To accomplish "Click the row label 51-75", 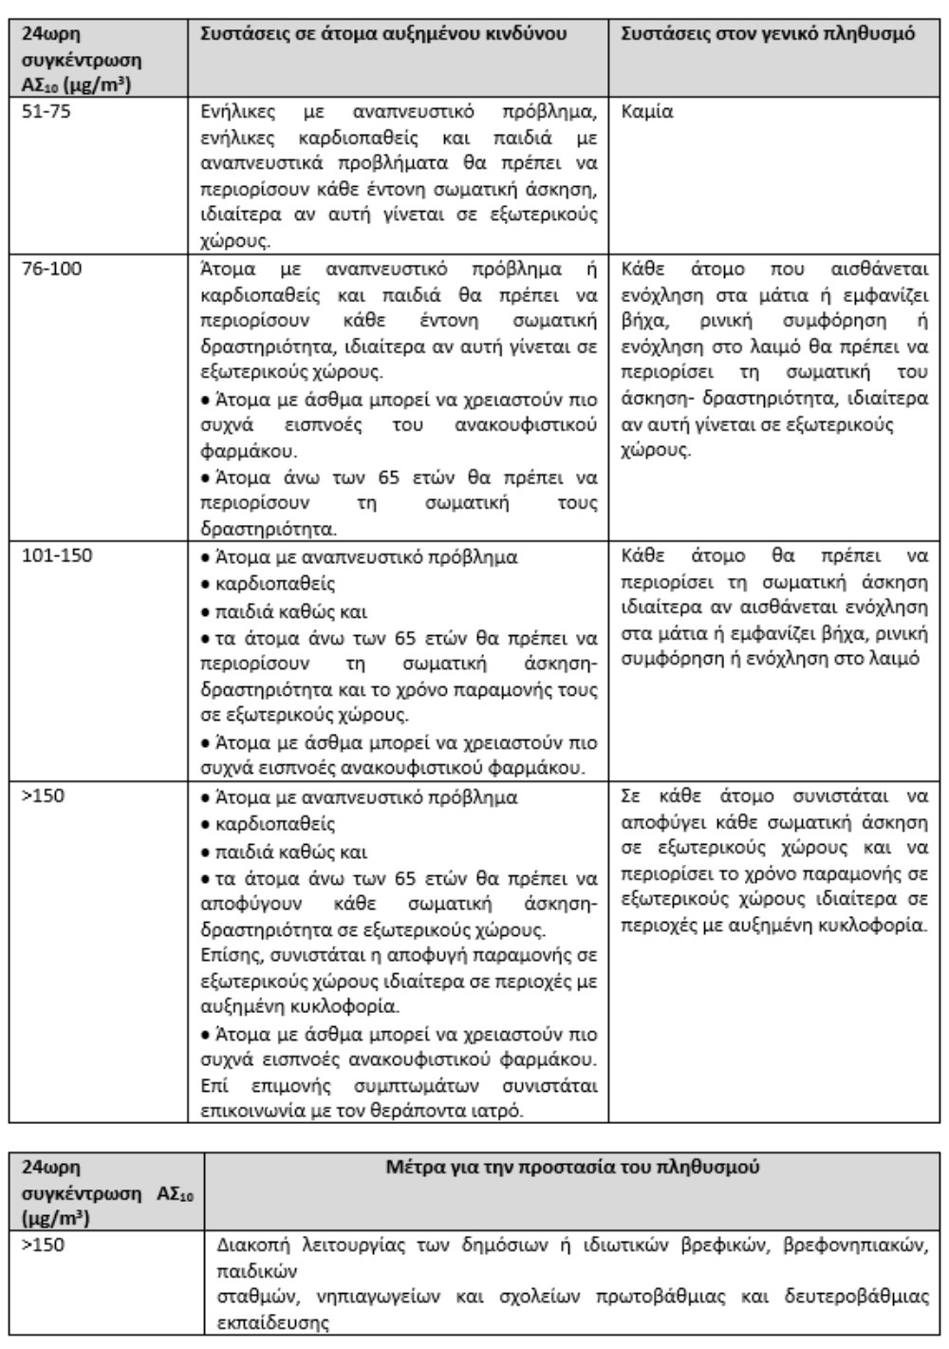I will click(x=47, y=112).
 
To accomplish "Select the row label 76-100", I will click(x=52, y=269).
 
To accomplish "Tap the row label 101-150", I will click(x=58, y=555).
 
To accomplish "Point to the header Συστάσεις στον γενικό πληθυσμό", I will click(x=768, y=34).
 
